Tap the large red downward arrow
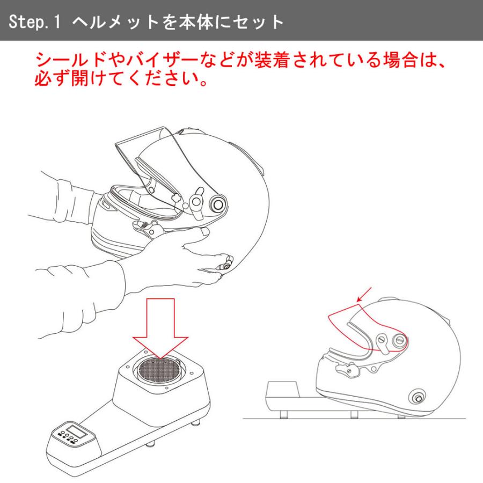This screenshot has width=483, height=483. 160,328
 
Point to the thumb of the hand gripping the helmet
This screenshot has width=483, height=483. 196,236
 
